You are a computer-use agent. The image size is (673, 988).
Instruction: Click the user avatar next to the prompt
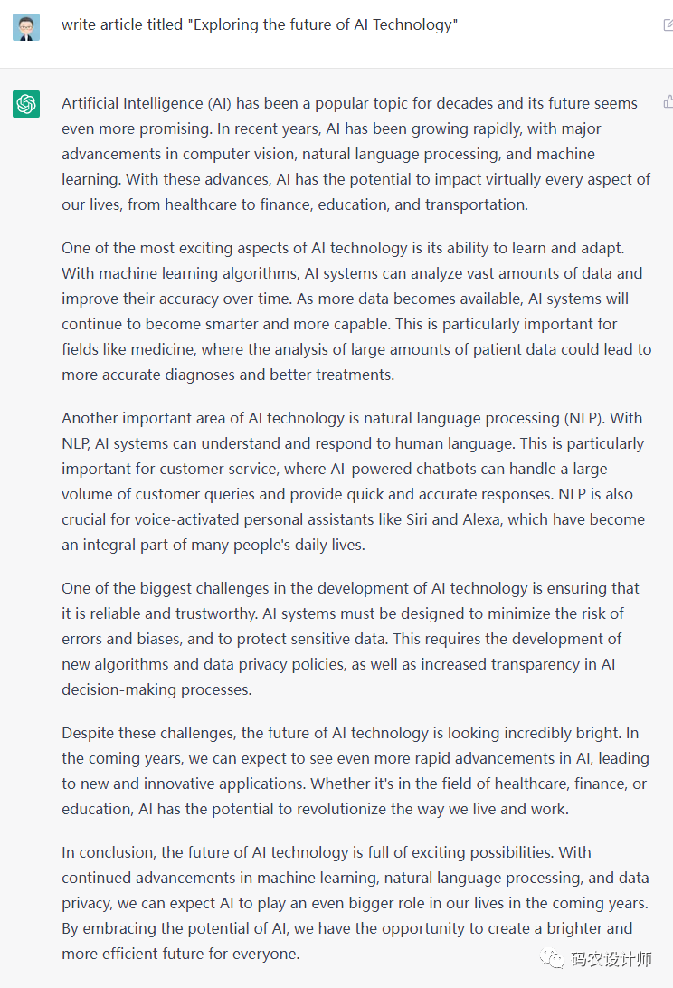(x=26, y=26)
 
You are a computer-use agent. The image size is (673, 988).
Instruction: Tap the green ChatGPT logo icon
(x=26, y=104)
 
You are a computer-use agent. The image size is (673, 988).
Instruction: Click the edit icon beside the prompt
(x=668, y=24)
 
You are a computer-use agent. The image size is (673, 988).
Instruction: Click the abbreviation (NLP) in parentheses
(x=588, y=418)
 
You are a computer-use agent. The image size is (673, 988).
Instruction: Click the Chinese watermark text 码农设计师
(x=611, y=959)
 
